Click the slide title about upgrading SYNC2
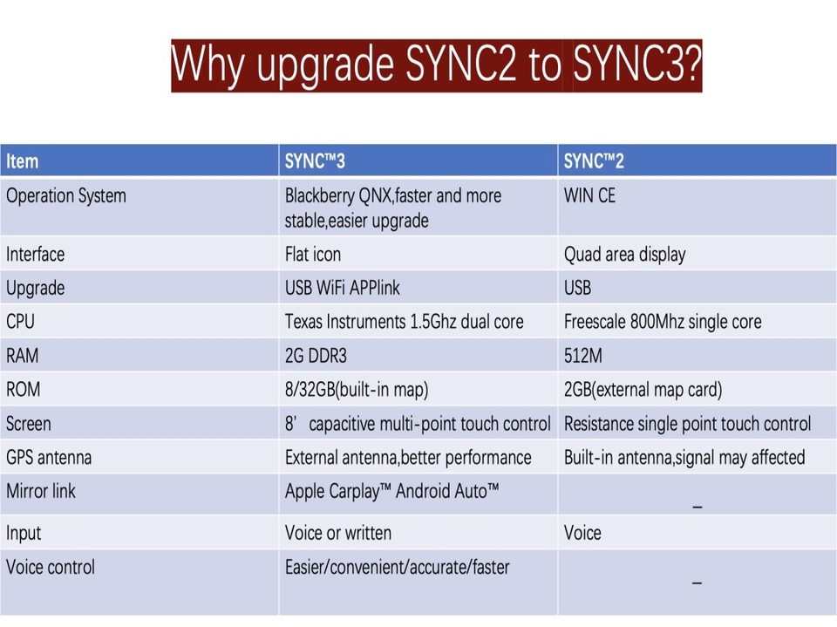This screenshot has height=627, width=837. click(x=436, y=65)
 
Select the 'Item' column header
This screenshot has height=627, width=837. click(x=23, y=161)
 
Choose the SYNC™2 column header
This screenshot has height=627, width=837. click(x=594, y=161)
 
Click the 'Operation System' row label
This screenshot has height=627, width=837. click(x=66, y=196)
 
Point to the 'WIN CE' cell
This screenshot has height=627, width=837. click(x=589, y=196)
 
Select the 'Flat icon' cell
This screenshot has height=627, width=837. click(x=313, y=255)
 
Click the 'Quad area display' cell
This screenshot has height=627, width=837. click(x=624, y=255)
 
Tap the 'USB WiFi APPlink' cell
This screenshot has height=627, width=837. click(x=343, y=288)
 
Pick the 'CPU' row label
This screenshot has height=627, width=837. click(x=21, y=322)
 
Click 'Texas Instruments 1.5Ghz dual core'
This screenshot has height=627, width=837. click(x=404, y=322)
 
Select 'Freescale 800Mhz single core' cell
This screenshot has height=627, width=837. click(x=663, y=322)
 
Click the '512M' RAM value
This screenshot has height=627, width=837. click(x=583, y=356)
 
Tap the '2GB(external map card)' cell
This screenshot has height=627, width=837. click(x=643, y=390)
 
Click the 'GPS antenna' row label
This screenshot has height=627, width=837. click(x=49, y=458)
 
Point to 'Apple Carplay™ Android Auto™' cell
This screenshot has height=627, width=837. click(x=392, y=491)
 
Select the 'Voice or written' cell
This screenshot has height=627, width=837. click(x=338, y=533)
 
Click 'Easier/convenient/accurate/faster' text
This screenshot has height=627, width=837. click(x=397, y=568)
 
